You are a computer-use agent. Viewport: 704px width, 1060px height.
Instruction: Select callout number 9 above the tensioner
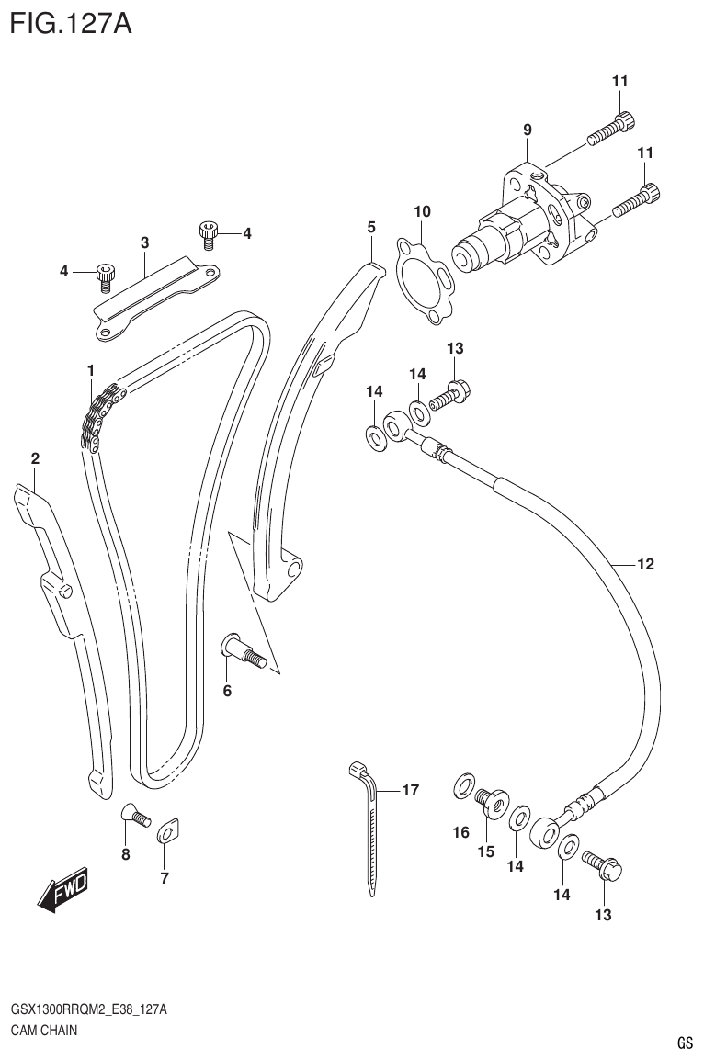click(x=528, y=130)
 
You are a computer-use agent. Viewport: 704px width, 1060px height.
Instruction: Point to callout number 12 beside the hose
click(x=644, y=564)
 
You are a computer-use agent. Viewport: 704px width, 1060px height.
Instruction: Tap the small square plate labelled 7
click(x=166, y=833)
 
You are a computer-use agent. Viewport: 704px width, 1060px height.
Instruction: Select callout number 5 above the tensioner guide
click(x=371, y=226)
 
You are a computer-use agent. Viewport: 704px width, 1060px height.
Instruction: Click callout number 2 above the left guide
click(x=35, y=457)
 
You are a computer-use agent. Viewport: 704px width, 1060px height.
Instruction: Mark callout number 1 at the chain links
click(x=92, y=369)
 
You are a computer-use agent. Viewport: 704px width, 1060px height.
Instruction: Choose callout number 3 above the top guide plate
click(x=145, y=242)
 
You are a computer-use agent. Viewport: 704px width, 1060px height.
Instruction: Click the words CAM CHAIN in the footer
click(x=44, y=1030)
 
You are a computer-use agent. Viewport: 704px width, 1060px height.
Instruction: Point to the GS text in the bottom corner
click(x=684, y=1043)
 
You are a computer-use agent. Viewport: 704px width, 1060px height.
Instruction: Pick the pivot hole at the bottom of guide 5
click(x=293, y=569)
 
